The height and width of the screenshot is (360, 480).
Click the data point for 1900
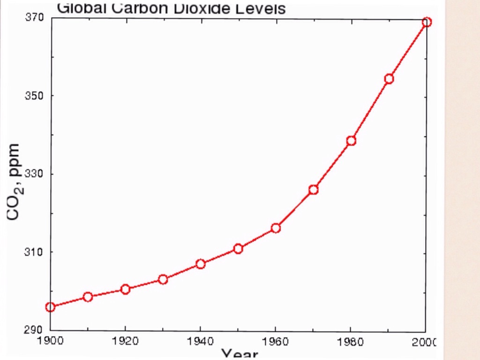tap(50, 307)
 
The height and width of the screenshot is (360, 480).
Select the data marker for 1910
tap(88, 297)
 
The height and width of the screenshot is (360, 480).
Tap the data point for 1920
tap(125, 289)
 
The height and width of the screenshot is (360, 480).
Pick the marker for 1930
tap(163, 279)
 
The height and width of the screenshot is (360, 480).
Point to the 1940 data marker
tap(201, 264)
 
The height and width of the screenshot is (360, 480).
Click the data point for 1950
tap(238, 248)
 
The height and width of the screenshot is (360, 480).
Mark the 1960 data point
tap(276, 228)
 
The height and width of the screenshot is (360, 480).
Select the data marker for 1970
tap(314, 189)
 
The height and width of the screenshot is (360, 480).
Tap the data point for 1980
tap(351, 141)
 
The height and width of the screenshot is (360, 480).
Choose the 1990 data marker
tap(389, 79)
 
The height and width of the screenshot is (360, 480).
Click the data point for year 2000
tap(427, 22)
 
